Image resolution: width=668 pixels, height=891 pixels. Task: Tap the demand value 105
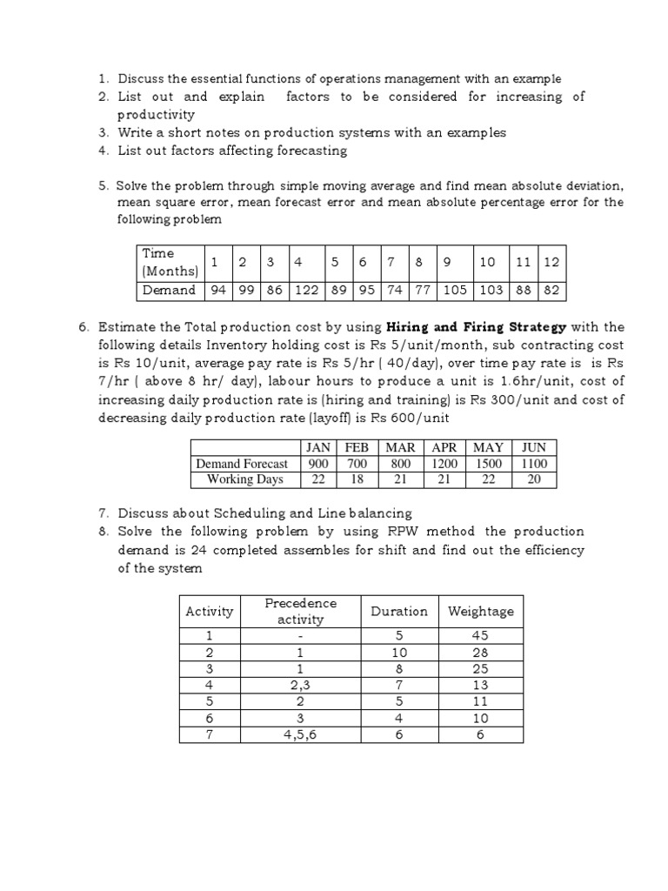point(455,290)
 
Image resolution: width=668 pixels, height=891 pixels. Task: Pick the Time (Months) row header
point(170,261)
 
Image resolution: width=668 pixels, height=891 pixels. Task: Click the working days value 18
point(357,479)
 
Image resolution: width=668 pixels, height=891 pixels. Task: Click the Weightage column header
point(480,611)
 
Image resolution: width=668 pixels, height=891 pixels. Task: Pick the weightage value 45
point(480,636)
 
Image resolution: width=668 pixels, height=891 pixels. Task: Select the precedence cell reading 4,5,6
point(299,735)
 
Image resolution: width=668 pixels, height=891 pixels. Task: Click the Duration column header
point(399,611)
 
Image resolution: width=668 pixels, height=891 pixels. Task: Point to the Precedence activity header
point(299,611)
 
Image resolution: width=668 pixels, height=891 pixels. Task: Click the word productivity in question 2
point(157,114)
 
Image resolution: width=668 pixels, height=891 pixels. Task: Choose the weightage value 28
point(480,653)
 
